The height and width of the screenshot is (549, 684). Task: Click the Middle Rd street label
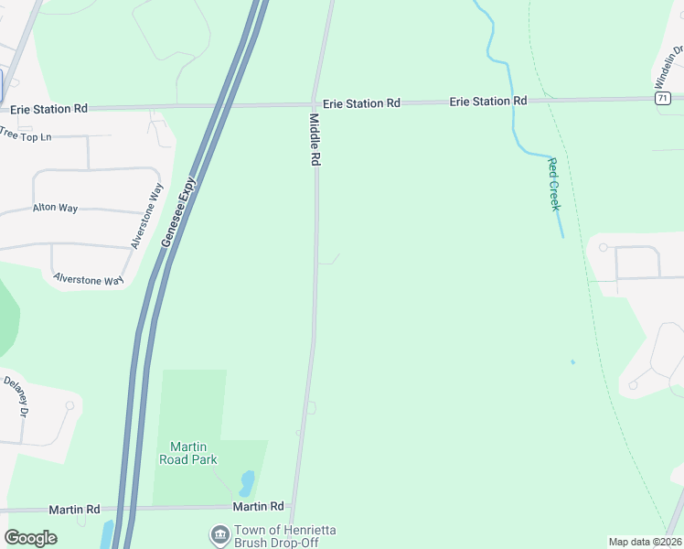[x=314, y=140]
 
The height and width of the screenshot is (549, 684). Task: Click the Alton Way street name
[x=55, y=208]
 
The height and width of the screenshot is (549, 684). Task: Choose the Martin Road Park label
[x=188, y=453]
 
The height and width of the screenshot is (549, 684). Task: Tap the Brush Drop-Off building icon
[x=219, y=534]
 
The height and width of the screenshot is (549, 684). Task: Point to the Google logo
[x=30, y=538]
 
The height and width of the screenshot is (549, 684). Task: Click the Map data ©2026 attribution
[x=644, y=542]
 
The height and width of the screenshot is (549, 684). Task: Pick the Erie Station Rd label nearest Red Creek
[x=487, y=101]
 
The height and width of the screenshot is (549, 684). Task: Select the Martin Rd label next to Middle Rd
[x=258, y=506]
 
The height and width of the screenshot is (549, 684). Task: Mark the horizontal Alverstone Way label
[x=88, y=279]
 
